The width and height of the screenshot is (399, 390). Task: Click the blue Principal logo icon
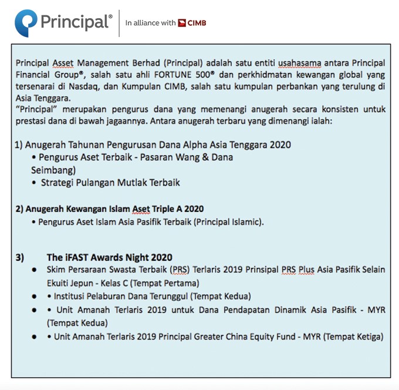tap(26, 23)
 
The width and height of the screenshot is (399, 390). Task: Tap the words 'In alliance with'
tap(150, 23)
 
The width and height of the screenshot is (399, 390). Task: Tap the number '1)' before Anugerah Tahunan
tap(19, 144)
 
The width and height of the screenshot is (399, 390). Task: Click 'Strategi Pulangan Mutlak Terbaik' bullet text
tap(110, 183)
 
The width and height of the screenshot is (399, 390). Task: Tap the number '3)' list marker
tap(19, 257)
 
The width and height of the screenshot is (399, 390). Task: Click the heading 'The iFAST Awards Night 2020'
tap(109, 257)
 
